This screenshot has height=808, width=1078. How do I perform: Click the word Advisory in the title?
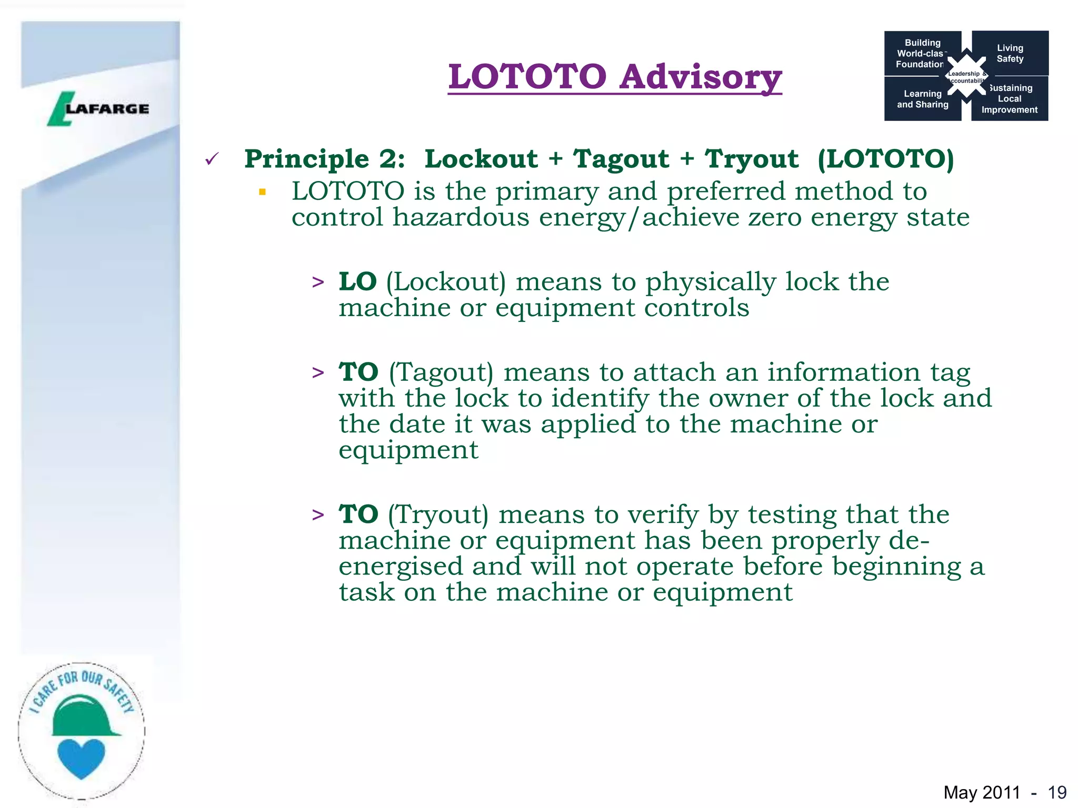point(700,77)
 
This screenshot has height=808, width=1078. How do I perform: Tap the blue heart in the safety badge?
point(81,757)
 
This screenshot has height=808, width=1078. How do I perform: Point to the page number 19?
point(1057,792)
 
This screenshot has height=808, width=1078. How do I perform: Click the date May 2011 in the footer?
point(982,792)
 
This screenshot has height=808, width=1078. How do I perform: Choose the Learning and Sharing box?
point(922,99)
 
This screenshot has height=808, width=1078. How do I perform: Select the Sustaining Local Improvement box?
point(1010,99)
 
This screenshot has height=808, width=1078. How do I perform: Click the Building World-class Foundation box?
point(921,53)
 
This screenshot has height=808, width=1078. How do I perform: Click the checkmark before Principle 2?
point(212,158)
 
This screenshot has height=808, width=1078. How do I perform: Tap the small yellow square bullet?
point(262,192)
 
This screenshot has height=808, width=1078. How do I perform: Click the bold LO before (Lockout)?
point(357,281)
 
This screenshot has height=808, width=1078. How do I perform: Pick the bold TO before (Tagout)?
point(358,372)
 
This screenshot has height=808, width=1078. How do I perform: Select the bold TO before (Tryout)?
point(358,514)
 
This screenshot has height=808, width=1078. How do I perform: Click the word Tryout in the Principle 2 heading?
point(752,159)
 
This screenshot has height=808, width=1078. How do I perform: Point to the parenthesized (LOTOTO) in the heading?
point(885,159)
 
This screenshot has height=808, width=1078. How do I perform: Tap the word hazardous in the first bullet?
point(461,217)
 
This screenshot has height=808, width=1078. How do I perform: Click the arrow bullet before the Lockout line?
point(318,282)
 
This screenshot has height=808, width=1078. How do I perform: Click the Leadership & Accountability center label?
point(966,77)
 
